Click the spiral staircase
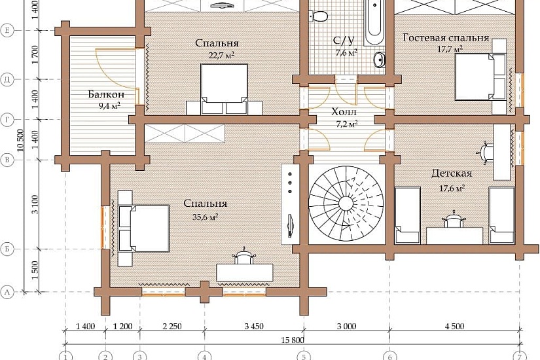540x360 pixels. tap(346, 204)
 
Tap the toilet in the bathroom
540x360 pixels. tap(319, 15)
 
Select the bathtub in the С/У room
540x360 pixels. tap(374, 22)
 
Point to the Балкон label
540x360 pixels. tap(106, 94)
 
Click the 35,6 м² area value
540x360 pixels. tap(206, 217)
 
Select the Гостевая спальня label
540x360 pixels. tap(446, 38)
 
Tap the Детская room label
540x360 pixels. tap(452, 173)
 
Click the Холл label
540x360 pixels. tap(344, 112)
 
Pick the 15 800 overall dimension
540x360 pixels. tap(293, 340)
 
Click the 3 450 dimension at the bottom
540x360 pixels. tap(254, 326)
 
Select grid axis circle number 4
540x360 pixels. tap(205, 356)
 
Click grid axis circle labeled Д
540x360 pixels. tap(7, 80)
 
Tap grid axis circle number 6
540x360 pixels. tap(390, 356)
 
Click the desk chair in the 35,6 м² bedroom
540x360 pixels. tap(245, 257)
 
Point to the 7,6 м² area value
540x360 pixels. tap(346, 53)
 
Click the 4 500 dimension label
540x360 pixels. tap(455, 326)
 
